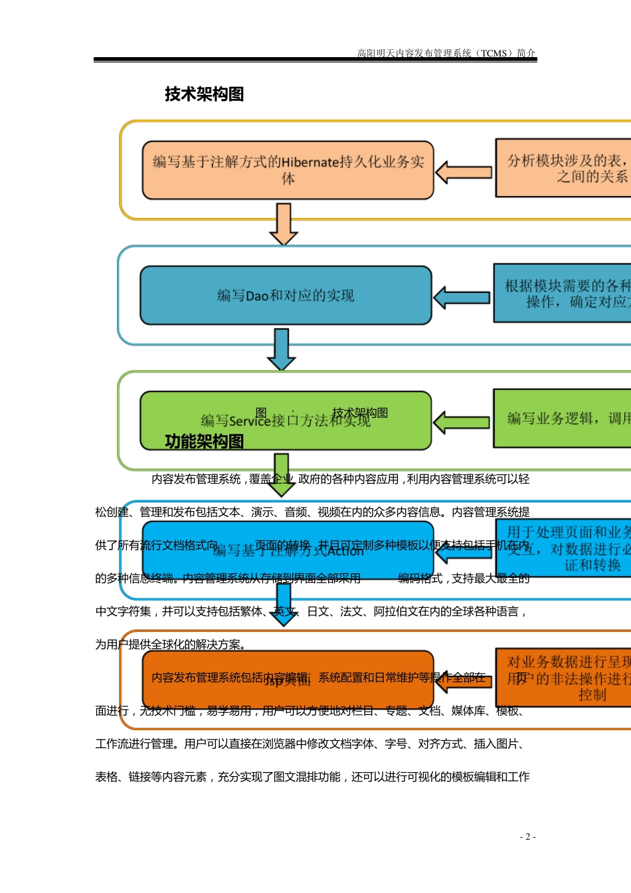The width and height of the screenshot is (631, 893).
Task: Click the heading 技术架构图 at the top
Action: tap(204, 94)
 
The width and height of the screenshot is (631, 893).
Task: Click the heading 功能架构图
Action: tap(204, 441)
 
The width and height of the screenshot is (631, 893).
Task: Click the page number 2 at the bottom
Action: tap(527, 837)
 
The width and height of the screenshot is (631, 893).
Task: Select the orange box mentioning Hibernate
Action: tap(288, 170)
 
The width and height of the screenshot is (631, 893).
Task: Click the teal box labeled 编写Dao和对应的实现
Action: tap(286, 296)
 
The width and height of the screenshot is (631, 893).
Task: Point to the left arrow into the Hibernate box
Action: tap(464, 172)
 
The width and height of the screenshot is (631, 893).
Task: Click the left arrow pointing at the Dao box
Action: tap(462, 297)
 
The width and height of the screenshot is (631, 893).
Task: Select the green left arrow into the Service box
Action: tap(462, 422)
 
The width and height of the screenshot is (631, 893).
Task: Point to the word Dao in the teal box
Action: tap(257, 296)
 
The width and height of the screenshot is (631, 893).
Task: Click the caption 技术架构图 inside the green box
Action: tap(360, 413)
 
